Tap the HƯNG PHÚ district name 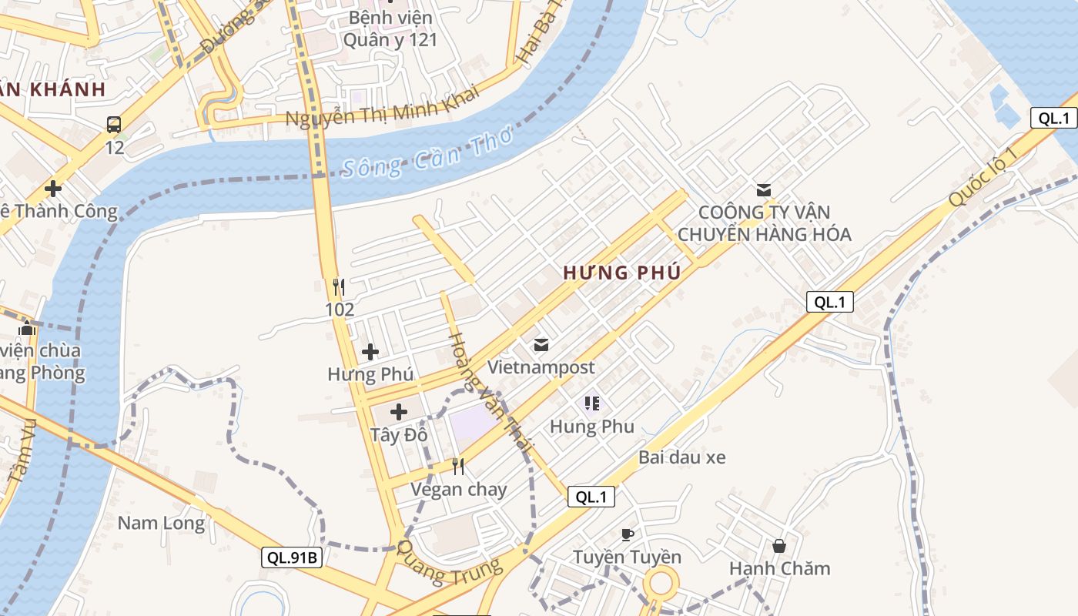pos(621,273)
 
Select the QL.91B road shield pos(291,557)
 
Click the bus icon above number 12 pos(113,124)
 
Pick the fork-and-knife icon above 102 pos(339,287)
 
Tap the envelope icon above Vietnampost pos(541,345)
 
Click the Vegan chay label pos(458,490)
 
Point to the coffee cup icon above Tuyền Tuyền pos(627,534)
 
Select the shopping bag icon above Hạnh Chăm pos(779,546)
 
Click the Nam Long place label pos(161,524)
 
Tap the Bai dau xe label pos(681,457)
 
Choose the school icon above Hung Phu pos(591,403)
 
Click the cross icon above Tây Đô pos(399,411)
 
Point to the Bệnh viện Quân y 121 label pos(390,28)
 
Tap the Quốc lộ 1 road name pos(983,176)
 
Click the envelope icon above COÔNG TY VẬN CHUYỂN pos(764,189)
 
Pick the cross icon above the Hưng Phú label pos(370,352)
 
